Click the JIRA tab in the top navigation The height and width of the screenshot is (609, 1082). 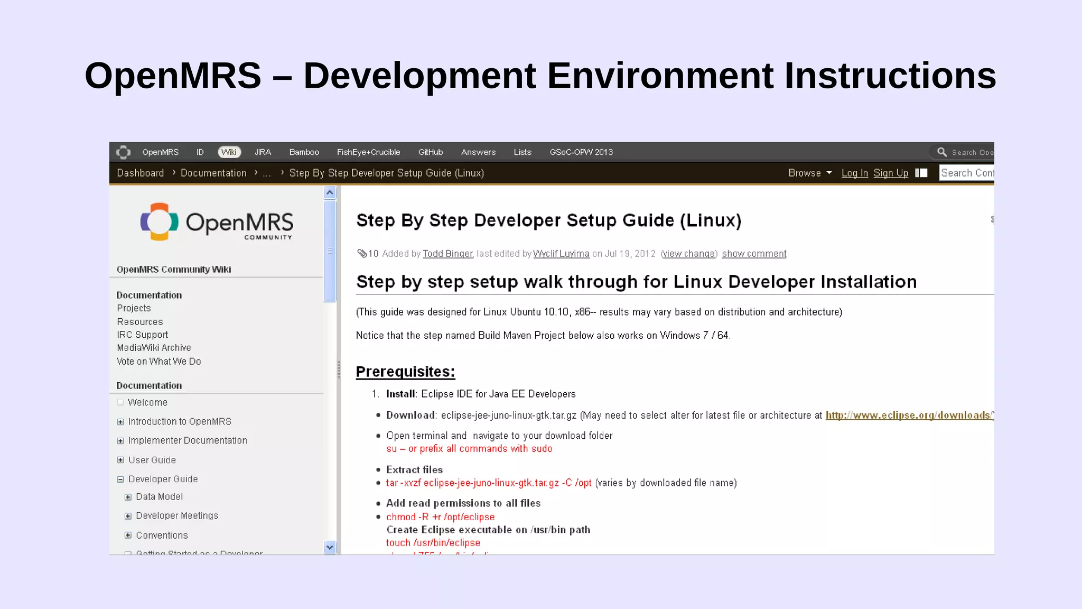[x=263, y=152]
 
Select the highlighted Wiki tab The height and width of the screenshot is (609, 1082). [x=229, y=152]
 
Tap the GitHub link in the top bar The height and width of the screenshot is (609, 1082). [x=430, y=152]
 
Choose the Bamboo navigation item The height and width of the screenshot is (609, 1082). [x=304, y=152]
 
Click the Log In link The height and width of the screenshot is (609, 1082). [x=854, y=173]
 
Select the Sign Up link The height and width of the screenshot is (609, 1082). [x=891, y=173]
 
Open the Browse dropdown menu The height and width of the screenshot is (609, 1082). [x=809, y=173]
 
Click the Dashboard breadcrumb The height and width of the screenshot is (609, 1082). [x=140, y=173]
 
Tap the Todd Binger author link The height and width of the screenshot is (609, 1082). [x=447, y=254]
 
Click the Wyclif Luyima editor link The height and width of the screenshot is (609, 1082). [x=561, y=254]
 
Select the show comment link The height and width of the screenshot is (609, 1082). [x=754, y=254]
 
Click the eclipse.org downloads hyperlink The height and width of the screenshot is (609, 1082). [x=908, y=416]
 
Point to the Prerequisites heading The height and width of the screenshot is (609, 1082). [x=405, y=372]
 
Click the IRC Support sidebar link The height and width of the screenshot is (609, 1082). [x=142, y=335]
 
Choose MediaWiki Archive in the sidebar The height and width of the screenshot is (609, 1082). [x=154, y=348]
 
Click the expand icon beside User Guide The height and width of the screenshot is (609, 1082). [x=120, y=460]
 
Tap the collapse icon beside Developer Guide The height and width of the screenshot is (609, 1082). [x=120, y=479]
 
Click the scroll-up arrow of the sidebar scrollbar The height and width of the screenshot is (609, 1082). [x=330, y=193]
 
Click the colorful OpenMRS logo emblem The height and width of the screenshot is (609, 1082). [x=159, y=222]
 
